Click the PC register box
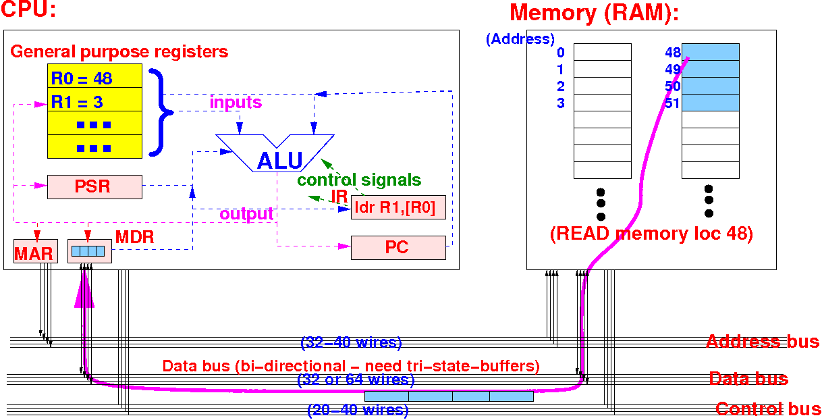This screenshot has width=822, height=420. tap(398, 247)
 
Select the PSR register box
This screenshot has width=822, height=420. tap(94, 186)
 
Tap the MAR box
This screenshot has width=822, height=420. tap(34, 253)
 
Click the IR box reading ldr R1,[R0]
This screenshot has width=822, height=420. tap(398, 208)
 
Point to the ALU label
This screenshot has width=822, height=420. tap(279, 161)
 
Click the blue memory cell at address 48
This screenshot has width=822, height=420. tap(710, 52)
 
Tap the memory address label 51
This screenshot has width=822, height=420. tap(672, 103)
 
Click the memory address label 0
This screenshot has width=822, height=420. tap(560, 53)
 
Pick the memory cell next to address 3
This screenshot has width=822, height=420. tap(602, 103)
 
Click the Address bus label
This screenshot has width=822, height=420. tap(763, 342)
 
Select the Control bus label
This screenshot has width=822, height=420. tap(768, 409)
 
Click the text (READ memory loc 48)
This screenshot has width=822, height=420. tap(651, 234)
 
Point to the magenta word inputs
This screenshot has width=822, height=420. tap(236, 103)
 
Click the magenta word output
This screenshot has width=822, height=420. tap(246, 214)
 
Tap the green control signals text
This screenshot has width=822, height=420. tap(359, 180)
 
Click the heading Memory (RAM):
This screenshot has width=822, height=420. tap(594, 13)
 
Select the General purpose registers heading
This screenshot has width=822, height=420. tap(119, 52)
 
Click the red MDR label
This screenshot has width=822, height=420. tap(135, 238)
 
